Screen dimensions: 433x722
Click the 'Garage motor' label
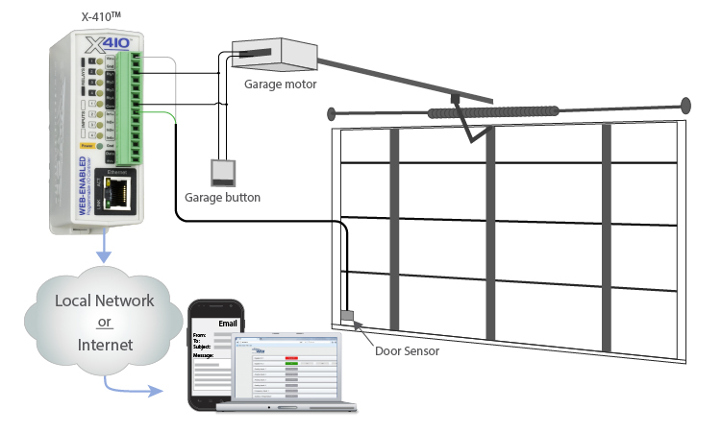(x=280, y=84)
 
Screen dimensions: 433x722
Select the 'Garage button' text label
(x=222, y=197)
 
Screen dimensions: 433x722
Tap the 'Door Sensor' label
(x=407, y=351)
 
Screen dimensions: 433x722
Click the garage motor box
(x=270, y=57)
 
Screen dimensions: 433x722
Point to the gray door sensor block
(x=348, y=315)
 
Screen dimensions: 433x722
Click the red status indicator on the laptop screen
(x=291, y=358)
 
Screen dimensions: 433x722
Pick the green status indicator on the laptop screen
(x=291, y=365)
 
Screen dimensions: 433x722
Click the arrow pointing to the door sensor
(x=362, y=332)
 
